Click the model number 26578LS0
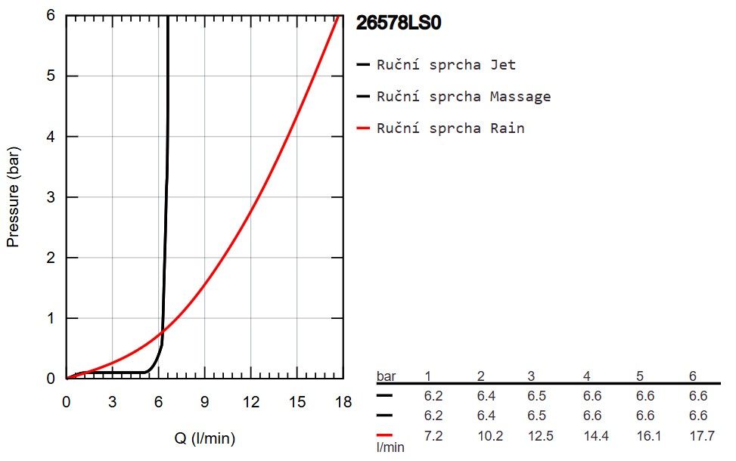pos(399,23)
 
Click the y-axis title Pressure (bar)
pos(13,197)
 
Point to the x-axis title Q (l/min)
pos(205,438)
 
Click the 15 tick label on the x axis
pos(297,402)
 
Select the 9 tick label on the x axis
pos(205,402)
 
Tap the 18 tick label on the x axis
pos(343,402)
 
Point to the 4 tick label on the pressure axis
pos(51,137)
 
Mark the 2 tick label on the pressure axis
pos(51,258)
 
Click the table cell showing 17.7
pos(702,435)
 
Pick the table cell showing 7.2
pos(433,435)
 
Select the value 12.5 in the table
pos(541,435)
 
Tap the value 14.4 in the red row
pos(596,435)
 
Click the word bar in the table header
pos(387,376)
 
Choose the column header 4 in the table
pos(587,376)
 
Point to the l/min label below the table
pos(390,447)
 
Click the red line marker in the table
pos(384,435)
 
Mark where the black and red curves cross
pos(162,332)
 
